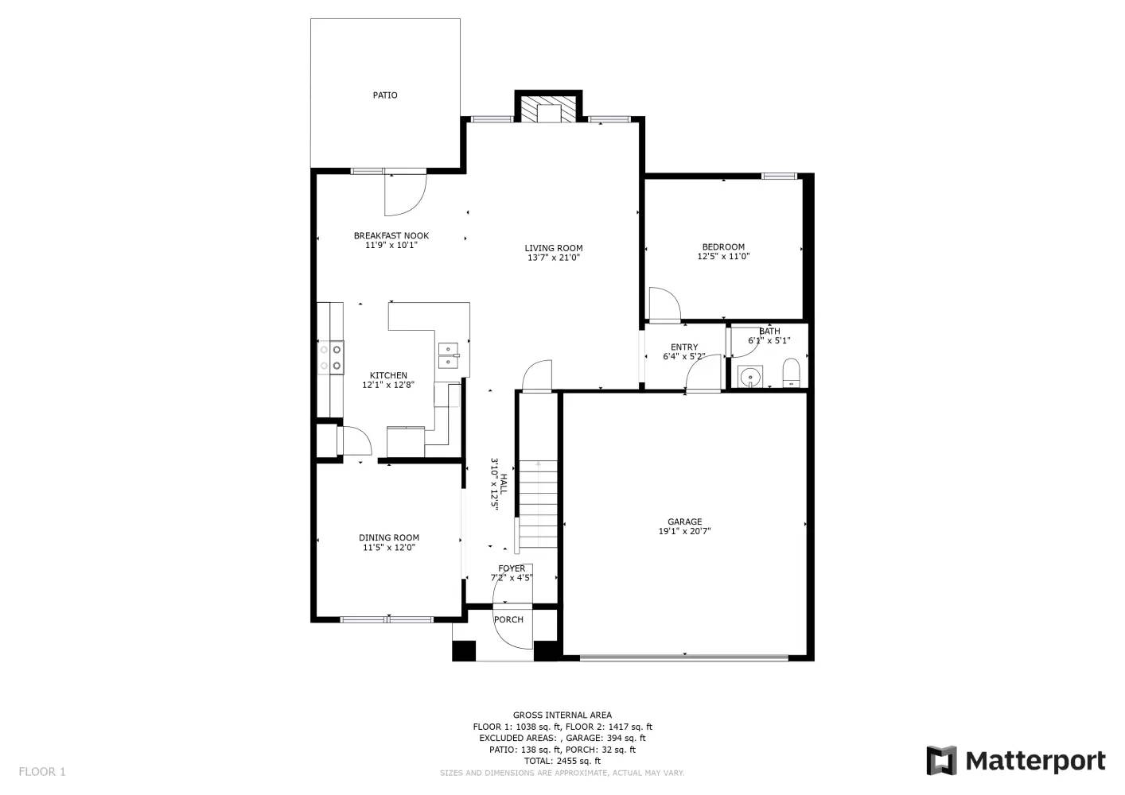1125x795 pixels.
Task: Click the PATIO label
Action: point(385,95)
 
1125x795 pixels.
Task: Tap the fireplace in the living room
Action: point(549,110)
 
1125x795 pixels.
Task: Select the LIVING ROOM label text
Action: point(553,248)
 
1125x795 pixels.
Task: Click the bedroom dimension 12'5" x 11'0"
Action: point(723,257)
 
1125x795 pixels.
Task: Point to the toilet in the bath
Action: point(791,372)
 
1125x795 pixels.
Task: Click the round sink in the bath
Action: point(749,376)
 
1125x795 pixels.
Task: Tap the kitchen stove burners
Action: point(331,357)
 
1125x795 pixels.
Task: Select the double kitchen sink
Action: point(449,355)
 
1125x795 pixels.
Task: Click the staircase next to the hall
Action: point(538,504)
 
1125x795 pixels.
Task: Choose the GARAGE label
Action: point(684,522)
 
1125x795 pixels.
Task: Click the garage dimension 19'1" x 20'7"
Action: point(684,532)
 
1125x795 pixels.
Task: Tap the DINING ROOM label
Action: point(388,538)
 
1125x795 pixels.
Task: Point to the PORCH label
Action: point(508,620)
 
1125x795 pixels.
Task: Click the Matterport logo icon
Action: point(942,761)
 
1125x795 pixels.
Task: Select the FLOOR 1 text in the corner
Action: point(42,772)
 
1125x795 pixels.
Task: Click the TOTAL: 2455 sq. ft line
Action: point(562,761)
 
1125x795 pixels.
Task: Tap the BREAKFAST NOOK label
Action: point(391,236)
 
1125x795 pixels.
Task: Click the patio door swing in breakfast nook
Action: point(406,194)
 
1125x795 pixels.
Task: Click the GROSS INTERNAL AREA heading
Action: point(562,715)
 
